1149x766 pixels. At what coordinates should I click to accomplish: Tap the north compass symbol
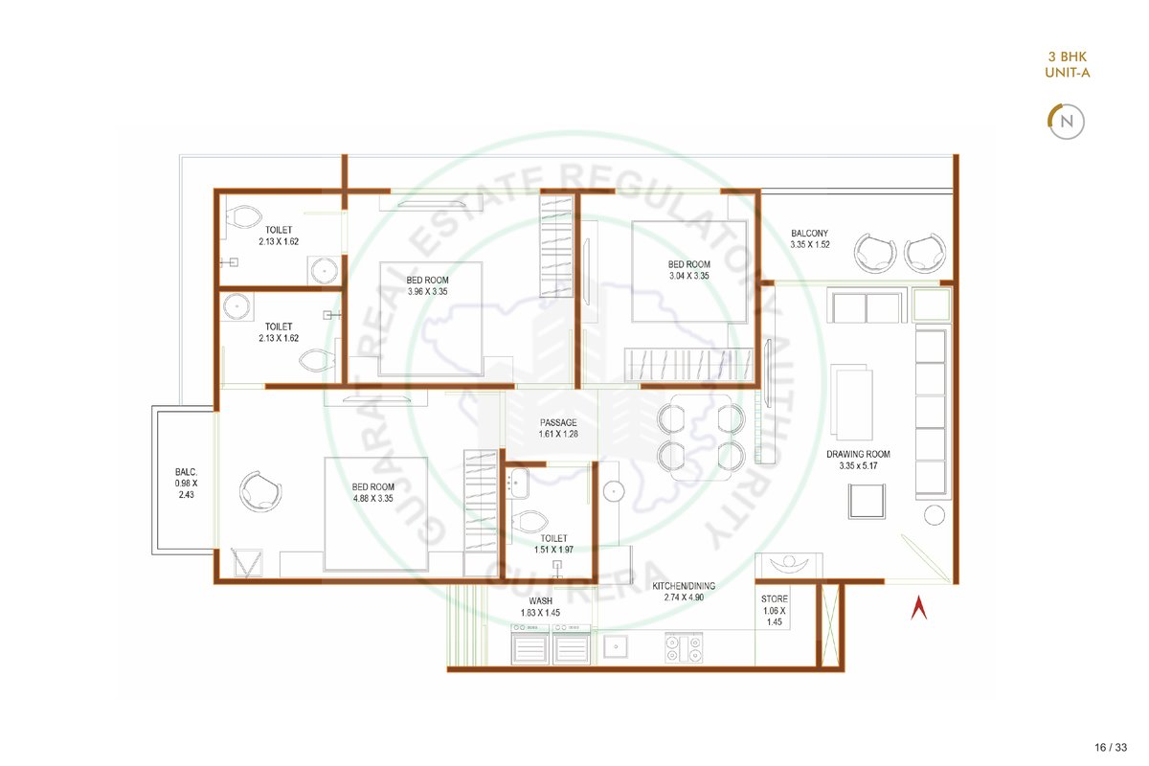[x=1066, y=122]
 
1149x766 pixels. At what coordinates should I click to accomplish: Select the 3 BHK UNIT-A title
[x=1068, y=65]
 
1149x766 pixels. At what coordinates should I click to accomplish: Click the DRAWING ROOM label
[x=858, y=454]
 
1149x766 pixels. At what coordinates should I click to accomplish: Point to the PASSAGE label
[x=558, y=423]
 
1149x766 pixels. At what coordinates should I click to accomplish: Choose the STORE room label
[x=774, y=598]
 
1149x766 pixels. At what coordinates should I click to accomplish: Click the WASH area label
[x=541, y=600]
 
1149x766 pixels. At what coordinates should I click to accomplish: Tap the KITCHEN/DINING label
[x=684, y=586]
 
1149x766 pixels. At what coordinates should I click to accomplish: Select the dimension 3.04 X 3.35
[x=688, y=276]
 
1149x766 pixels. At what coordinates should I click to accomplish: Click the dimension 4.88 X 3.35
[x=372, y=498]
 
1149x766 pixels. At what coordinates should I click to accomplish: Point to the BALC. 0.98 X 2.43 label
[x=186, y=483]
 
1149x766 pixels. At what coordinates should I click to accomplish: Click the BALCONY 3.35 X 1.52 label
[x=810, y=238]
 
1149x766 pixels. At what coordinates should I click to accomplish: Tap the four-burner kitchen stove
[x=684, y=648]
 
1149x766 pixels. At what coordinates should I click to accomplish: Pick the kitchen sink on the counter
[x=615, y=647]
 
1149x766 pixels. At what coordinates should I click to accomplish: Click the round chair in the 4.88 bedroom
[x=260, y=491]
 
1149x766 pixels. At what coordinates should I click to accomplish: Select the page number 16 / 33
[x=1111, y=747]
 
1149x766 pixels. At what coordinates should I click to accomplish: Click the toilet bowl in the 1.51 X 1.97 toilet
[x=529, y=522]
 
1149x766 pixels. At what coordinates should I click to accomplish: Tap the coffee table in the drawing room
[x=851, y=402]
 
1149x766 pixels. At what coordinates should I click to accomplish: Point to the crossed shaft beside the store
[x=830, y=625]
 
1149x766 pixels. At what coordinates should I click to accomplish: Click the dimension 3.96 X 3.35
[x=427, y=292]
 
